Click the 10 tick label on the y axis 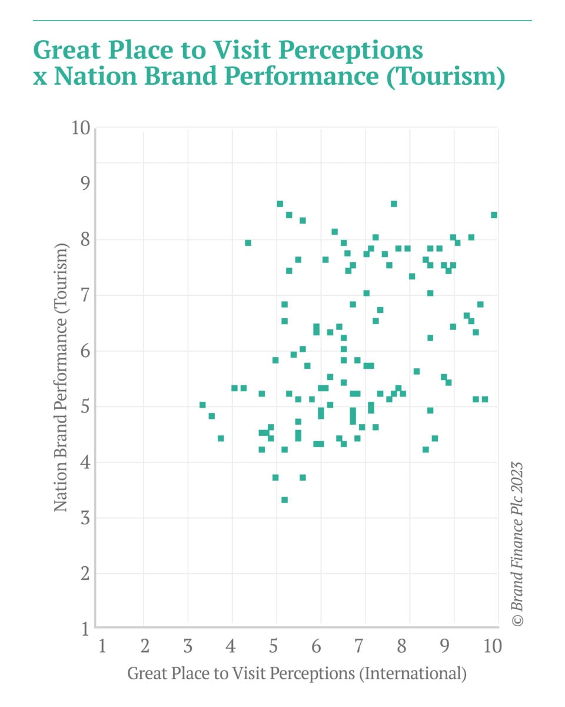(81, 128)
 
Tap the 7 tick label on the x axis (359, 646)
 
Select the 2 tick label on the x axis (145, 646)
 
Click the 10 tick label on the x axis (493, 646)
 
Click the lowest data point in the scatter (284, 500)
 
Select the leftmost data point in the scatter (202, 405)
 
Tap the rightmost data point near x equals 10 (494, 215)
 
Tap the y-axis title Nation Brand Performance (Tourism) (61, 377)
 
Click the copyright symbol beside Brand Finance (518, 620)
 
